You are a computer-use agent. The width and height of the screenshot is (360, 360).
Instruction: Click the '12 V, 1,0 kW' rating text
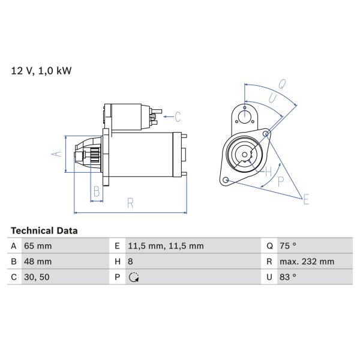pyautogui.click(x=41, y=71)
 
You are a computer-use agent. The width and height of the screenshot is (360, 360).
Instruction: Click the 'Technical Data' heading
pyautogui.click(x=44, y=230)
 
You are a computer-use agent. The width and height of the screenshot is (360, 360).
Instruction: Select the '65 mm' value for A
pyautogui.click(x=38, y=246)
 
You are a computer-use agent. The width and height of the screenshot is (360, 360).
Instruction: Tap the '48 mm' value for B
pyautogui.click(x=38, y=262)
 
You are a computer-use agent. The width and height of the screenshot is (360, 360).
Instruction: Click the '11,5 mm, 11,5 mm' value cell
pyautogui.click(x=166, y=246)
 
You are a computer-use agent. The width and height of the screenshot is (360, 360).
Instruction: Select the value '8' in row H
pyautogui.click(x=131, y=262)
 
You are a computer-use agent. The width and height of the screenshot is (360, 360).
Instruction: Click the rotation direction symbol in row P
pyautogui.click(x=133, y=277)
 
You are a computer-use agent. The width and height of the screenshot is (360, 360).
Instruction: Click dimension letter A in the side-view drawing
pyautogui.click(x=56, y=154)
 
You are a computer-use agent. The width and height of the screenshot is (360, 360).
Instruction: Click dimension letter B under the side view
pyautogui.click(x=95, y=192)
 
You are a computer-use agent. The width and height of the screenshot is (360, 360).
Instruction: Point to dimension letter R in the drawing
pyautogui.click(x=130, y=204)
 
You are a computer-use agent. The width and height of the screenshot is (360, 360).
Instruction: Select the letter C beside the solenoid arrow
pyautogui.click(x=178, y=115)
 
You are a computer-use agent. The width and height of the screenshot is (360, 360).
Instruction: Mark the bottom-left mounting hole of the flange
pyautogui.click(x=226, y=180)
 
